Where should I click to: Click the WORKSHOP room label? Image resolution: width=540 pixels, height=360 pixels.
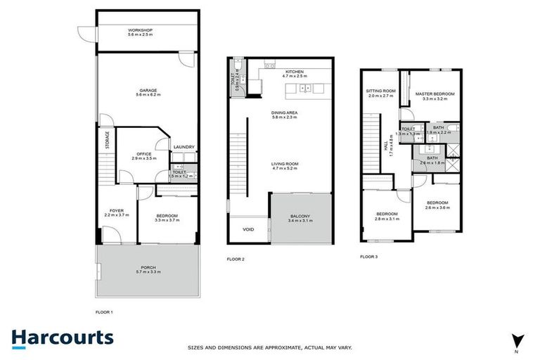point(141,30)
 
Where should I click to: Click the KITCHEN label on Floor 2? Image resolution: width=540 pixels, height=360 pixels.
point(292,71)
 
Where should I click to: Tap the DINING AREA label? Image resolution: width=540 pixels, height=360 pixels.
point(284,112)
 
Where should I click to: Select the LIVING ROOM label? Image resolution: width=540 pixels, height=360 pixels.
point(285,164)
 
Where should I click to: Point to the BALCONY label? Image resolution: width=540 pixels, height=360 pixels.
point(299,215)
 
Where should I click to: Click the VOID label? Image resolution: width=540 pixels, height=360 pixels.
point(248,229)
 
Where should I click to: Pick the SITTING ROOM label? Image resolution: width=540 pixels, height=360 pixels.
point(380,91)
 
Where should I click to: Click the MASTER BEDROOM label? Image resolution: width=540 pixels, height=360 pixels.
point(434,94)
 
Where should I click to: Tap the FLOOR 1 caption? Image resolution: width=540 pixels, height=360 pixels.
point(104,311)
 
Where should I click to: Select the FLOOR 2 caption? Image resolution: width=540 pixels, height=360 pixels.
point(236,259)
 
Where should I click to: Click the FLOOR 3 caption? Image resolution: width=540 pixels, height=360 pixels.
point(368,257)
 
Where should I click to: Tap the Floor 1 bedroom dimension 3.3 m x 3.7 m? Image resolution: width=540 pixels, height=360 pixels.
point(167,220)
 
